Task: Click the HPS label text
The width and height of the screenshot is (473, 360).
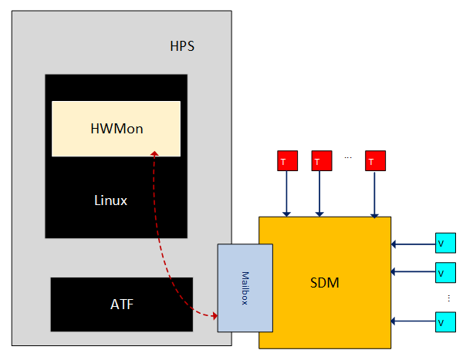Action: [x=182, y=45]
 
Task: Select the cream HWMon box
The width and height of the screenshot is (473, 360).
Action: [x=116, y=128]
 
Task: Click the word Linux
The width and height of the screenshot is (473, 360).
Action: [x=110, y=200]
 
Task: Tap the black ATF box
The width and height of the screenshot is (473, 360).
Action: [x=121, y=304]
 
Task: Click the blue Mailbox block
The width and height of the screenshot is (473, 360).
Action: [x=245, y=287]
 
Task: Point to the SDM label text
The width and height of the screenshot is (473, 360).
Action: [x=319, y=283]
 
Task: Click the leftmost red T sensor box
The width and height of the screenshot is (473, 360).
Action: [x=286, y=161]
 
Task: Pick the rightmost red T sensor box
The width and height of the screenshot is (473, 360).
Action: [x=375, y=161]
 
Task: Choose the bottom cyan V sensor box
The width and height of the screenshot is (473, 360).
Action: [x=444, y=321]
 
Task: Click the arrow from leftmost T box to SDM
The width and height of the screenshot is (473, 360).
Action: [x=286, y=193]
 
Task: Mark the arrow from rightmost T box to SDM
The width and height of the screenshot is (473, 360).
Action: [x=375, y=193]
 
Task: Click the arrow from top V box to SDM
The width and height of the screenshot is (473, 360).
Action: [x=413, y=244]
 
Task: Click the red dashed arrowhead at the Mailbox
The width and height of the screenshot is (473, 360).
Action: [x=214, y=315]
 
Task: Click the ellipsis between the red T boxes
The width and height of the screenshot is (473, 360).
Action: [x=348, y=158]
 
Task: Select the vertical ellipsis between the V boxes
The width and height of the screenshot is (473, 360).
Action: [x=448, y=297]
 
